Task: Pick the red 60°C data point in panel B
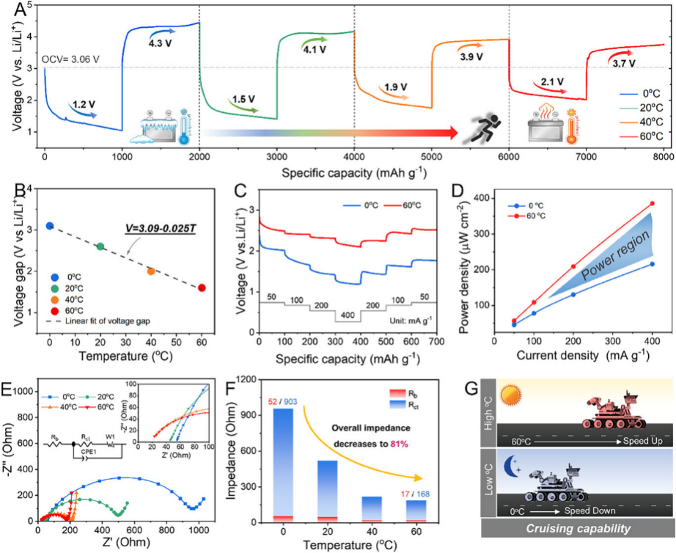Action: (202, 288)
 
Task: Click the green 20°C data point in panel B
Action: (100, 246)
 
